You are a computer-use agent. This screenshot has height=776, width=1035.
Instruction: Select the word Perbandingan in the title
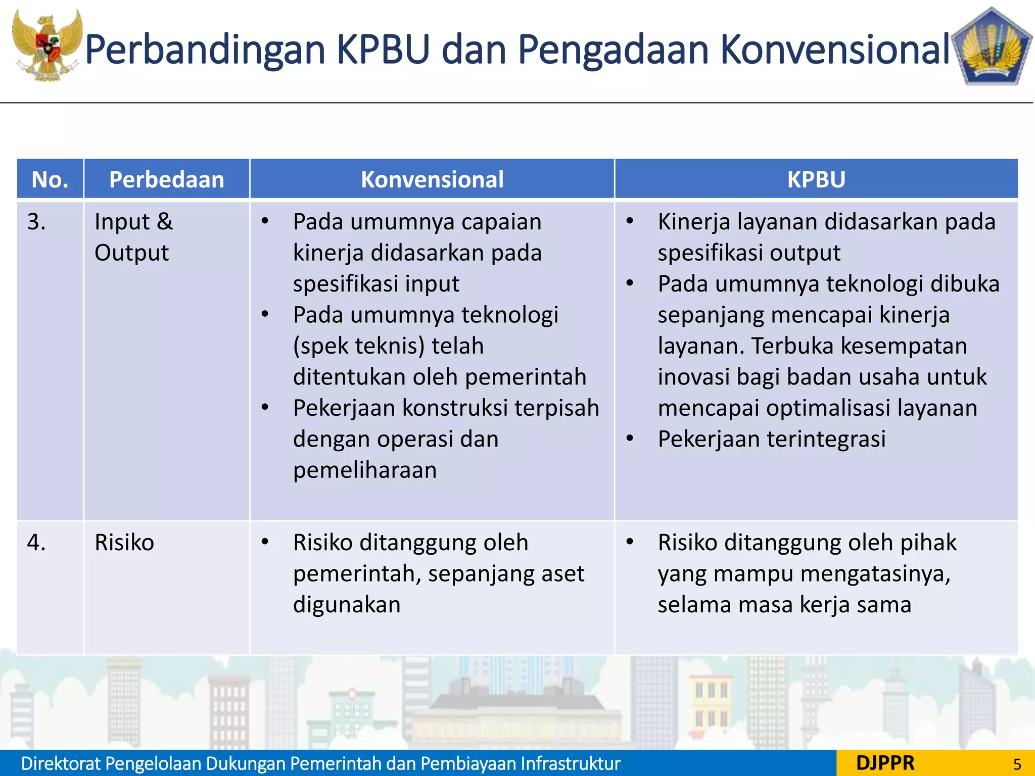[x=205, y=50]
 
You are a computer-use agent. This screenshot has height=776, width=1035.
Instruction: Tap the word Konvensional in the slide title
[x=834, y=50]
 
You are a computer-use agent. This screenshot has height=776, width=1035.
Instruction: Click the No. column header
[x=50, y=179]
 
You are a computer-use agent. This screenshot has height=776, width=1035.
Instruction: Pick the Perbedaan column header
[x=166, y=179]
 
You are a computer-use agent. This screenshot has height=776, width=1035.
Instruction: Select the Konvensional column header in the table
[x=432, y=179]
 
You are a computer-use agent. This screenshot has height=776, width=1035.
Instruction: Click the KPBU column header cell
[x=816, y=179]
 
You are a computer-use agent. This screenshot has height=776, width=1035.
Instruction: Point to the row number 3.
[x=36, y=222]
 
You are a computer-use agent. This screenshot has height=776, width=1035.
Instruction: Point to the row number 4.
[x=36, y=543]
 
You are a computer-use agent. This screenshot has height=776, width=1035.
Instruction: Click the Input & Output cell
[x=133, y=237]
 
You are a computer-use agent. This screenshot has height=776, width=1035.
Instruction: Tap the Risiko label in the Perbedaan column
[x=124, y=543]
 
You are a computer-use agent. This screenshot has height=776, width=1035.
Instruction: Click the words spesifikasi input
[x=376, y=284]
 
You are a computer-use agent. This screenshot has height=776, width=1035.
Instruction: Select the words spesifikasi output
[x=748, y=253]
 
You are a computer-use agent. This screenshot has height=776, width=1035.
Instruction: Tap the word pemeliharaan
[x=365, y=470]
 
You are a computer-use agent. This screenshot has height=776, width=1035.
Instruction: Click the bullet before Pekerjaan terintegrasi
[x=630, y=438]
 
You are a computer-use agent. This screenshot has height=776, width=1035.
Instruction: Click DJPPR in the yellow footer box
[x=885, y=763]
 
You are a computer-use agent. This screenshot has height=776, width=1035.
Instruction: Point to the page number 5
[x=1017, y=764]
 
